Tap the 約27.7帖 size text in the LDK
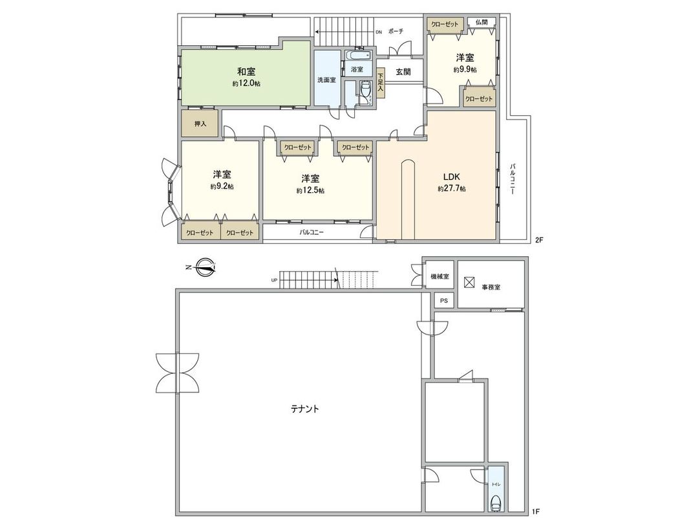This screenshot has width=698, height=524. [x=451, y=189]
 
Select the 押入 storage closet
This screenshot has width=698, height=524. [x=200, y=124]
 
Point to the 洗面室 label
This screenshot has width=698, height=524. [x=326, y=80]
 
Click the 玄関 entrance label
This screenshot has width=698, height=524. [x=403, y=72]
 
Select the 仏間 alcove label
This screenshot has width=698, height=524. [x=481, y=23]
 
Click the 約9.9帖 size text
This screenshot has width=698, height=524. [x=465, y=70]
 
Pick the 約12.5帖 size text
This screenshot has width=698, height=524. [x=310, y=190]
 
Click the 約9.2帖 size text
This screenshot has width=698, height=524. [x=222, y=186]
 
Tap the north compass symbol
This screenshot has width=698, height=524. [x=206, y=266]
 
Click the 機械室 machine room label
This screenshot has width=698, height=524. [x=439, y=277]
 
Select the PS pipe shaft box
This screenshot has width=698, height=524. [x=443, y=301]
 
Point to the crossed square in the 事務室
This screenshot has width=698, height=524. [x=469, y=283]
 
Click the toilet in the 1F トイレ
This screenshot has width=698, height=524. [x=496, y=502]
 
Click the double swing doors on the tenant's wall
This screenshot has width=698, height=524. [x=176, y=373]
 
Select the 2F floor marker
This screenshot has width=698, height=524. [x=539, y=239]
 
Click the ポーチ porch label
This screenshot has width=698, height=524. [x=397, y=31]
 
